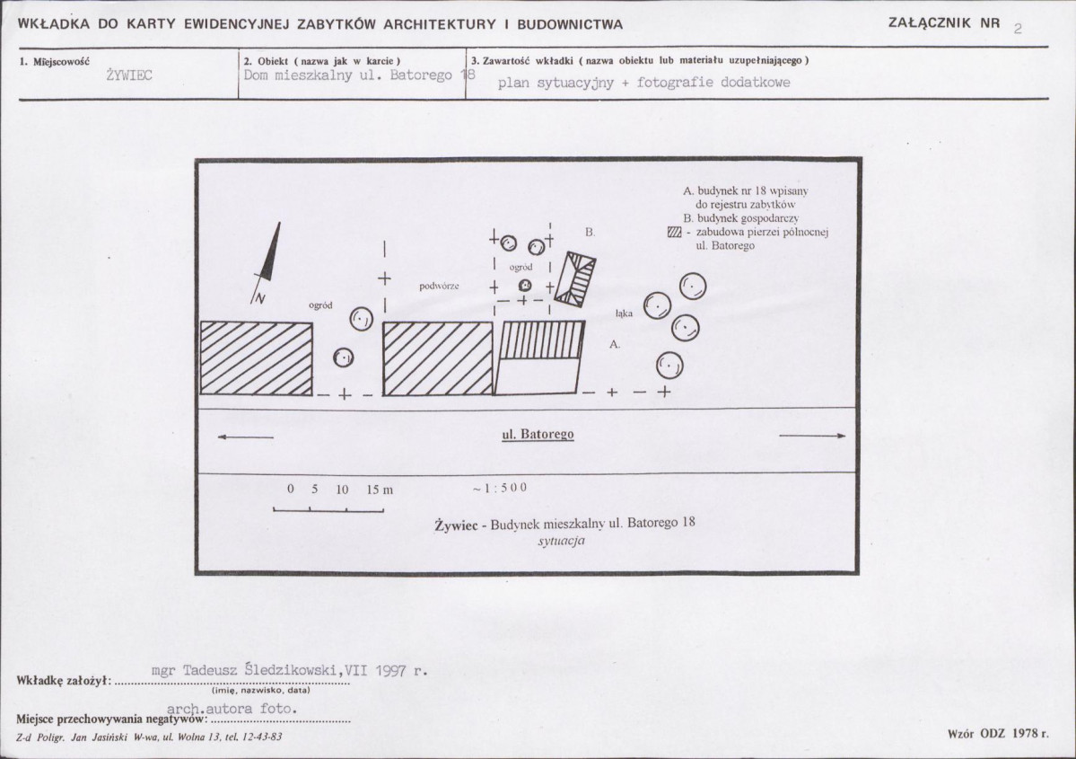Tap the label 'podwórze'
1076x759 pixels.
coord(439,286)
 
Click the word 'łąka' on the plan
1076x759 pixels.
coord(625,314)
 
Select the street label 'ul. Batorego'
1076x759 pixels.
coord(537,435)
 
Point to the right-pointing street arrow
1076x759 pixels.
coord(812,437)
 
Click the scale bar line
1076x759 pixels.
coord(328,509)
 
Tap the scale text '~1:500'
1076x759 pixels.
coord(499,488)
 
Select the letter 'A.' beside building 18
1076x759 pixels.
coord(615,344)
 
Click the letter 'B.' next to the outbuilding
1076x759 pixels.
coord(590,232)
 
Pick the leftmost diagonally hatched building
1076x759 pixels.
coord(256,357)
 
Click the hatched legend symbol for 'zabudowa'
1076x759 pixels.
coord(675,233)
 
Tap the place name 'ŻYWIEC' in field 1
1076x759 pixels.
coord(128,75)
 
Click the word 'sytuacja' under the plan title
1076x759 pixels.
coord(562,543)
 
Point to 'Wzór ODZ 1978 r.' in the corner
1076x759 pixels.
coord(997,733)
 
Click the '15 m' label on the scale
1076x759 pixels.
coord(380,490)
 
